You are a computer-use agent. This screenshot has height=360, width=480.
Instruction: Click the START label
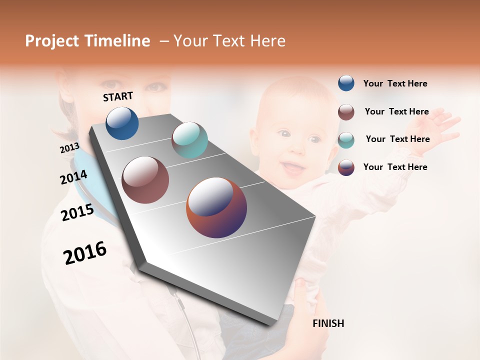click(118, 96)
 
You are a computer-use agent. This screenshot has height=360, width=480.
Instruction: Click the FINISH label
click(328, 323)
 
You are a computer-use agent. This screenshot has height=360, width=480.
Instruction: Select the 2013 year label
click(69, 148)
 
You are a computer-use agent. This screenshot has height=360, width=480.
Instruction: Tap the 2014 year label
click(73, 177)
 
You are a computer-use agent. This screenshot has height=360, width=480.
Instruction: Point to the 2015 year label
click(77, 212)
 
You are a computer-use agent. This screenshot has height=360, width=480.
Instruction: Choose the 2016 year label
click(85, 253)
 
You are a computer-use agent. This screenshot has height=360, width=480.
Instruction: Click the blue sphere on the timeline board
click(122, 123)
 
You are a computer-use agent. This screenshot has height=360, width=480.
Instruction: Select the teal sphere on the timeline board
click(189, 140)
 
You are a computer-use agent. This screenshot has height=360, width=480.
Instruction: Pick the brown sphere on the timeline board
click(145, 180)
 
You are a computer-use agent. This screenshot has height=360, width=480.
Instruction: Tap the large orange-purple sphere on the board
click(216, 207)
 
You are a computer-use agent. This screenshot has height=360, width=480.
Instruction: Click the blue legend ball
click(346, 83)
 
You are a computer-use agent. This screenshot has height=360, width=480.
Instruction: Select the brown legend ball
click(346, 112)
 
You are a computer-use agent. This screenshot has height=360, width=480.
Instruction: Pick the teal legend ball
click(346, 140)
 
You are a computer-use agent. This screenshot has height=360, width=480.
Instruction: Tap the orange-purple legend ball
click(346, 167)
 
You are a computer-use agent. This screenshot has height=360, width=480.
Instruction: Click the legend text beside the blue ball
click(395, 83)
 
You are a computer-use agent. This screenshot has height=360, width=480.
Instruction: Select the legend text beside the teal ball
click(397, 139)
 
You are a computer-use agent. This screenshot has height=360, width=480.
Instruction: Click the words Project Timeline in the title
click(87, 41)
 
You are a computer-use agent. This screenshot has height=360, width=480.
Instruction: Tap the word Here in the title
click(267, 41)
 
